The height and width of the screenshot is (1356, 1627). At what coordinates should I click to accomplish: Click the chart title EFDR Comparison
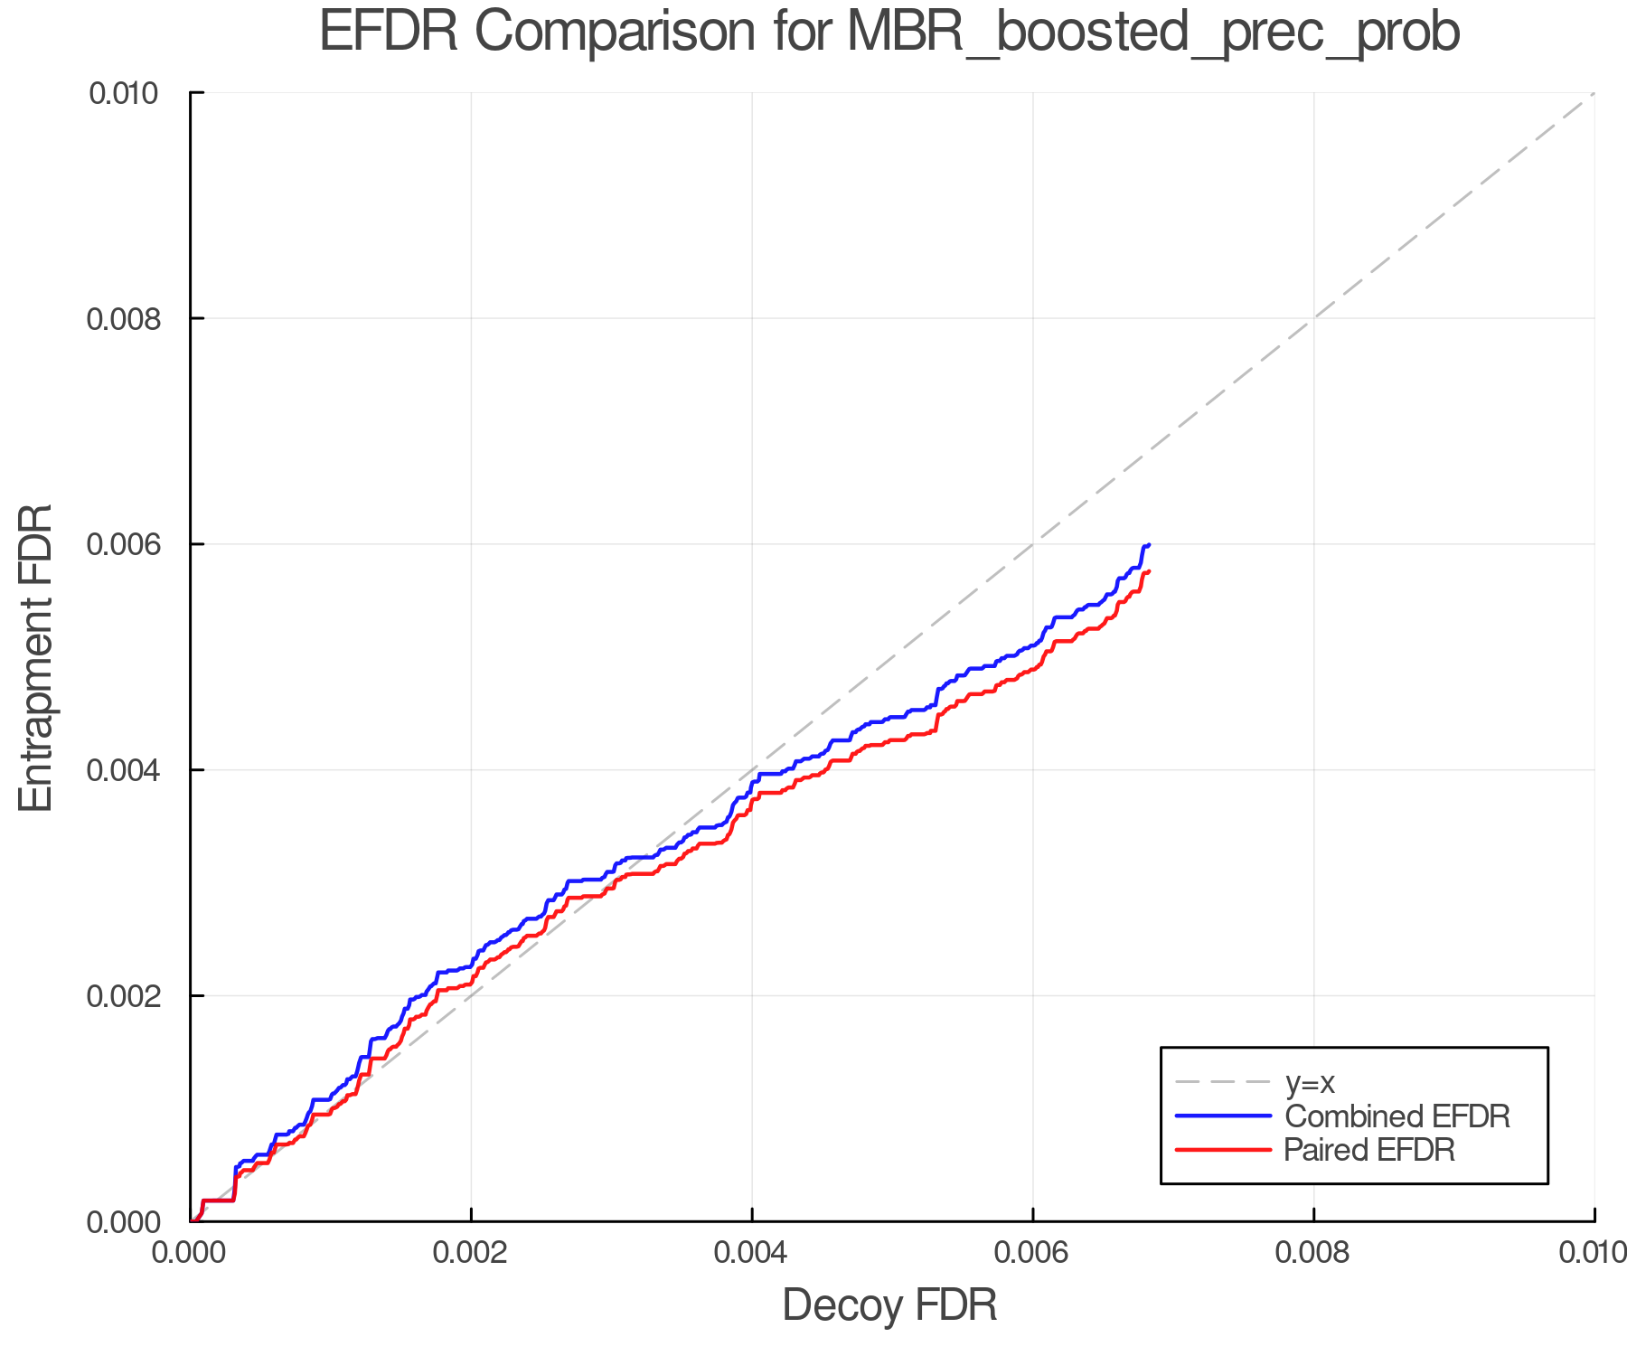tap(889, 33)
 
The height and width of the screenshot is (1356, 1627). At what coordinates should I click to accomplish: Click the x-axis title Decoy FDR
tap(889, 1305)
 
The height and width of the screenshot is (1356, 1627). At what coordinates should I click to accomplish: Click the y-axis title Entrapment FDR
tap(36, 658)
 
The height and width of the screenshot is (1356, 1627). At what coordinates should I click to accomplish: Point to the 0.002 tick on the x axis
tap(471, 1252)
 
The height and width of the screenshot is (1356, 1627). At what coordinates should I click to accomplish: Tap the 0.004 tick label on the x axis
tap(752, 1252)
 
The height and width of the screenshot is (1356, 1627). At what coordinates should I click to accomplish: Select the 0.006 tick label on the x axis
tap(1032, 1252)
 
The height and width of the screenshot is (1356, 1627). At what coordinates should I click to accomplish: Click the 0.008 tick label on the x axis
tap(1313, 1252)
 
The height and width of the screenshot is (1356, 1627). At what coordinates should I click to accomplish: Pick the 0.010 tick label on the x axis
tap(1593, 1252)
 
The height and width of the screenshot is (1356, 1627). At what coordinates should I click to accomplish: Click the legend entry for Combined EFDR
tap(1397, 1116)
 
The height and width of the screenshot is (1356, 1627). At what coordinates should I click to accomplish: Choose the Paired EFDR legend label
tap(1369, 1150)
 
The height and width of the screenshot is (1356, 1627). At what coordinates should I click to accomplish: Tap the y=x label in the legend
tap(1310, 1082)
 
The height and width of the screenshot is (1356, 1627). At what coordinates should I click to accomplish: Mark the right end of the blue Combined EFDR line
tap(1148, 544)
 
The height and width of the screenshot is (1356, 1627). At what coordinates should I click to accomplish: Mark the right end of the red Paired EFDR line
tap(1148, 571)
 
